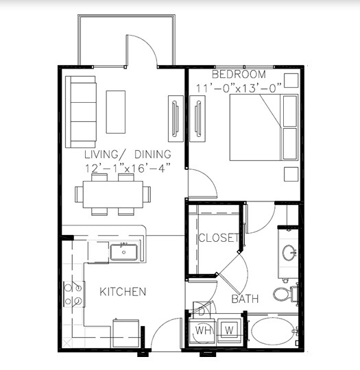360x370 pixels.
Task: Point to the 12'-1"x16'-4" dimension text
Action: (x=128, y=168)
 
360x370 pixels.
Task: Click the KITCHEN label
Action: (x=123, y=292)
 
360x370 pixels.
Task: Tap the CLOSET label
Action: (x=218, y=238)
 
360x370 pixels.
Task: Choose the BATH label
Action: (x=245, y=299)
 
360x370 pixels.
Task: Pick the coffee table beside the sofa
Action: (x=116, y=112)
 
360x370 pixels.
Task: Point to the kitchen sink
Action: (x=125, y=253)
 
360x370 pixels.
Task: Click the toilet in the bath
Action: (x=284, y=295)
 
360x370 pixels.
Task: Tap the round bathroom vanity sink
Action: (x=289, y=252)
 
